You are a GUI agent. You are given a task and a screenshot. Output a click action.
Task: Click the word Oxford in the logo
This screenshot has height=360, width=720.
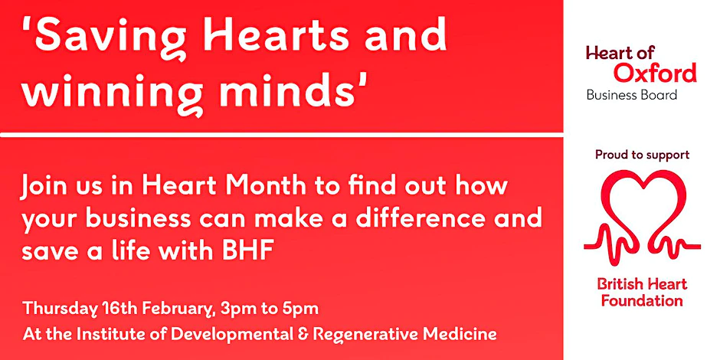point(654,74)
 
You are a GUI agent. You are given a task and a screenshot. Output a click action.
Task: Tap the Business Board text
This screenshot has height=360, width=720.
point(631,96)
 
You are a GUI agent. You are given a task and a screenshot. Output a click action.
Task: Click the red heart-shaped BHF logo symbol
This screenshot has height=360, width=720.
point(642,215)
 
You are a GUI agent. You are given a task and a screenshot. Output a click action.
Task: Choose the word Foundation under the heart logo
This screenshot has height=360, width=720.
point(642,301)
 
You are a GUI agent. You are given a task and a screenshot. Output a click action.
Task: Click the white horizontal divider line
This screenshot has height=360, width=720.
point(281,135)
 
